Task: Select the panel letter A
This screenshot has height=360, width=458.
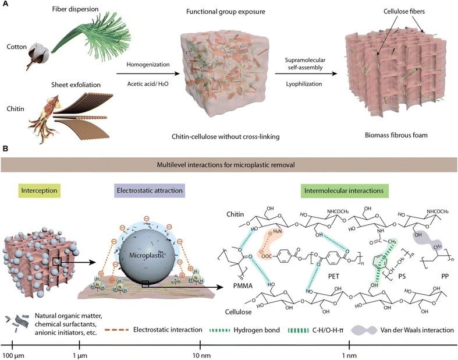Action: [x=5, y=4]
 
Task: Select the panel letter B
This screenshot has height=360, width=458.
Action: [x=5, y=149]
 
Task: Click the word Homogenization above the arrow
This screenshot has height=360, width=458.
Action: [x=148, y=64]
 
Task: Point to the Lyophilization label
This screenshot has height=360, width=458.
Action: [x=304, y=84]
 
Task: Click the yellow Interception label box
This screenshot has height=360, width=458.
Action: [x=39, y=190]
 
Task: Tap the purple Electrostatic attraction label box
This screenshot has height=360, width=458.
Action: [x=150, y=190]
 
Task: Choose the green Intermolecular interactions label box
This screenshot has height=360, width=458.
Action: [x=344, y=191]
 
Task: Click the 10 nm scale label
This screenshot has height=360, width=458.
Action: [x=200, y=355]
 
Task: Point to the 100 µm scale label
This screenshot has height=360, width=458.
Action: [x=12, y=355]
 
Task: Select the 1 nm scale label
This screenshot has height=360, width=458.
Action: [x=349, y=355]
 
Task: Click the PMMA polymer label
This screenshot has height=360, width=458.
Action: [x=243, y=285]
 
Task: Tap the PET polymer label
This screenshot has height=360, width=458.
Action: [x=333, y=276]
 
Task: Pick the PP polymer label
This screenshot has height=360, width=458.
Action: [x=445, y=276]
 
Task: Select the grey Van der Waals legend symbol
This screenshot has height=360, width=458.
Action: [x=364, y=330]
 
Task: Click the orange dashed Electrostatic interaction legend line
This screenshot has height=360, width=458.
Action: [x=116, y=330]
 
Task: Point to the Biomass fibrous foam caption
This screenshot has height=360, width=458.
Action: [x=396, y=135]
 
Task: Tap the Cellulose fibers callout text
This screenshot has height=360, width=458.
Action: [x=404, y=12]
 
